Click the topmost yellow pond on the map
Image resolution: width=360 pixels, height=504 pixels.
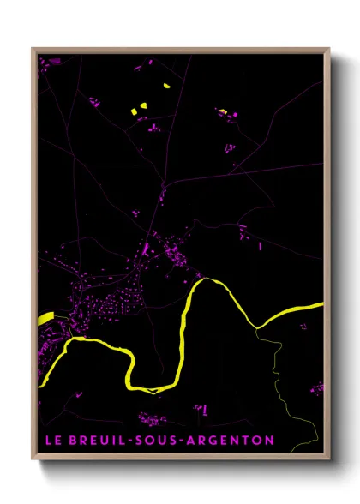[166, 87]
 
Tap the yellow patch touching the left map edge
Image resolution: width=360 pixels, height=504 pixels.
[45, 319]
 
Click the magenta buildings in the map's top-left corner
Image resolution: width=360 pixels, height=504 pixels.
[45, 62]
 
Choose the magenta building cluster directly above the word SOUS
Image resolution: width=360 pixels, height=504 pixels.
[154, 418]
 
